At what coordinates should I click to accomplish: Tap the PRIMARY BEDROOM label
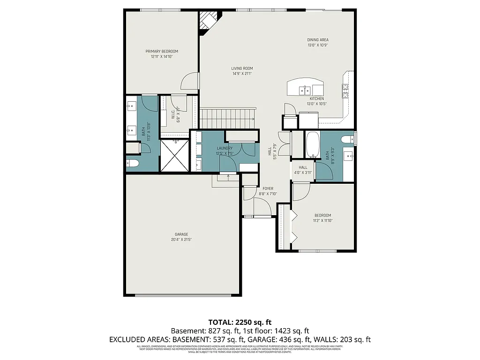click(x=162, y=51)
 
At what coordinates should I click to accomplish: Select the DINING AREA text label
click(x=317, y=40)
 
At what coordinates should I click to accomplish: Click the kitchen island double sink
click(x=306, y=89)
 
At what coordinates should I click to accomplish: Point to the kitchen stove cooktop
click(x=345, y=90)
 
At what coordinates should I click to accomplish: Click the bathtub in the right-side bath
click(x=312, y=146)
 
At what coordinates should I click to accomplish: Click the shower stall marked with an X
click(x=174, y=155)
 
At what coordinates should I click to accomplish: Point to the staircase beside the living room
click(x=228, y=118)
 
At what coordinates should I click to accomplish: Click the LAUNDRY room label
click(x=225, y=149)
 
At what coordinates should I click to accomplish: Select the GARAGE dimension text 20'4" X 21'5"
click(x=181, y=240)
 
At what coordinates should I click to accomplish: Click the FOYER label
click(x=268, y=188)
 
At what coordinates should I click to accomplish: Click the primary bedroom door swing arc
click(x=190, y=81)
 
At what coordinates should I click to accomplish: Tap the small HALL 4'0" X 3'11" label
click(x=303, y=170)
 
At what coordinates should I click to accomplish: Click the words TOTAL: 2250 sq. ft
click(x=240, y=322)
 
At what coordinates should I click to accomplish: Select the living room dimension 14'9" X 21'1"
click(x=242, y=74)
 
